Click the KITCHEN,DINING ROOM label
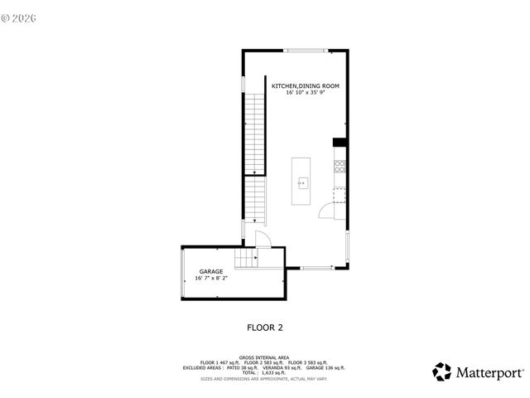[306, 86]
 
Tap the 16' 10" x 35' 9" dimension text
[306, 93]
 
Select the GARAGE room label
[210, 272]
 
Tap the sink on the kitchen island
[302, 182]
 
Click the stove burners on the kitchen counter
[338, 166]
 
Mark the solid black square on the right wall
[338, 143]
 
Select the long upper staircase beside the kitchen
[254, 133]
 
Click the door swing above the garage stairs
[263, 240]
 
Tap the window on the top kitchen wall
[305, 51]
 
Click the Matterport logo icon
[442, 371]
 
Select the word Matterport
[489, 372]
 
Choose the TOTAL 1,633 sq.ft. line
[264, 372]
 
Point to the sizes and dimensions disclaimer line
[264, 378]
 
